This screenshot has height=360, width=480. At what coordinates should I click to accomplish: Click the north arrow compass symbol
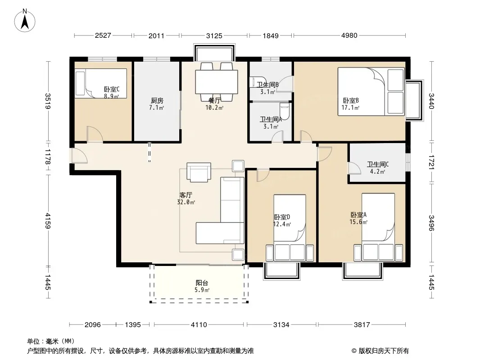pyautogui.click(x=25, y=21)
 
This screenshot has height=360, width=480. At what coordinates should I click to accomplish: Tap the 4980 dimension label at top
pyautogui.click(x=349, y=36)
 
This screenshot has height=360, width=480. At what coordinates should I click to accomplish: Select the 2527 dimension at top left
pyautogui.click(x=103, y=36)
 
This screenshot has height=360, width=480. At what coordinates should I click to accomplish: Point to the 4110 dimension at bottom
pyautogui.click(x=199, y=324)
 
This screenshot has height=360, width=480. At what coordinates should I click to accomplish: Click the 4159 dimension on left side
pyautogui.click(x=48, y=220)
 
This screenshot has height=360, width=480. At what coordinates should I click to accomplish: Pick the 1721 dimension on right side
pyautogui.click(x=431, y=162)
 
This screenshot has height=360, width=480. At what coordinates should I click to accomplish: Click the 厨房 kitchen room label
pyautogui.click(x=157, y=101)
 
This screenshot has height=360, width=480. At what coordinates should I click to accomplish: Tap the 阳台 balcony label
pyautogui.click(x=202, y=283)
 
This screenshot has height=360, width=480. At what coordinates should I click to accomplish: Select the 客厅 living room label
pyautogui.click(x=186, y=195)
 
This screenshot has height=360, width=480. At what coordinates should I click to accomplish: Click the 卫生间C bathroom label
pyautogui.click(x=378, y=165)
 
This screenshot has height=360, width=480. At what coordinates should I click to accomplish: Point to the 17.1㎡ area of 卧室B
pyautogui.click(x=350, y=108)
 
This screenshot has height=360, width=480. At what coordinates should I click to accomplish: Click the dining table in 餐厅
pyautogui.click(x=217, y=82)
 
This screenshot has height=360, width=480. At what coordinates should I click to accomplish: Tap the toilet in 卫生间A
pyautogui.click(x=285, y=112)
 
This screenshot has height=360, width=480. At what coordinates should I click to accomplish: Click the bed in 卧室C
pyautogui.click(x=101, y=83)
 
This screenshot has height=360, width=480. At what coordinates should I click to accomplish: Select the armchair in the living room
pyautogui.click(x=199, y=172)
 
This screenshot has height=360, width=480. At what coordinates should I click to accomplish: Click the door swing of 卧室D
pyautogui.click(x=263, y=175)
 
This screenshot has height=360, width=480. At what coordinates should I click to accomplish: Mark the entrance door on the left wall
pyautogui.click(x=79, y=156)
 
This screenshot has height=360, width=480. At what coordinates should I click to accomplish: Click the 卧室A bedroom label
pyautogui.click(x=358, y=215)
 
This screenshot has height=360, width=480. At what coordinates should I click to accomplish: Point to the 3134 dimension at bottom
pyautogui.click(x=281, y=324)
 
